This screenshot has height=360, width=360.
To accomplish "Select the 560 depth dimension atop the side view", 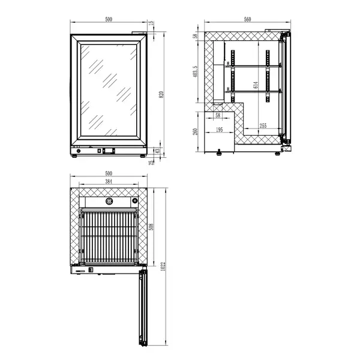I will pyautogui.click(x=247, y=19).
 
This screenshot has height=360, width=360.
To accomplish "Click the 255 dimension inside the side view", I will pyautogui.click(x=263, y=125).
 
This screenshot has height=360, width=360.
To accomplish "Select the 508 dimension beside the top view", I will pyautogui.click(x=152, y=226).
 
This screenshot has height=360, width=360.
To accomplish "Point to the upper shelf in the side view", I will pyautogui.click(x=252, y=65).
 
